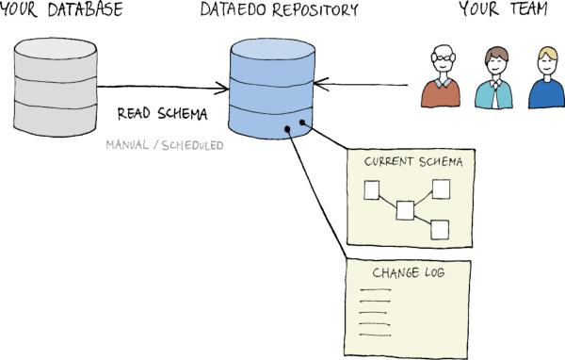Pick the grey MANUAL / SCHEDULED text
click(x=164, y=146)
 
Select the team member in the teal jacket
click(x=492, y=79)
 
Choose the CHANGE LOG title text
click(x=408, y=273)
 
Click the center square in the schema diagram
click(x=406, y=209)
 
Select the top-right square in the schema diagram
click(x=441, y=187)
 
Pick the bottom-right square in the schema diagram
click(x=439, y=227)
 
